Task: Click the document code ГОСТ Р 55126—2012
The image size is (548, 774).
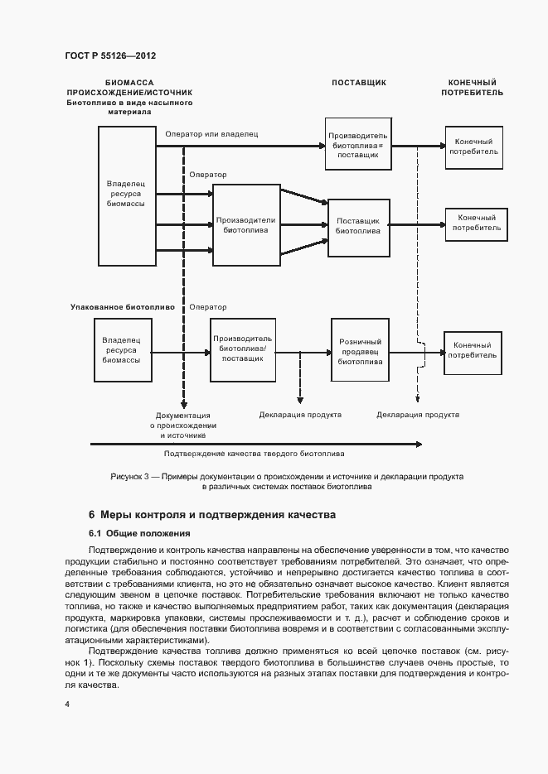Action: [110, 55]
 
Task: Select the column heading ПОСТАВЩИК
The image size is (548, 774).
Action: [359, 83]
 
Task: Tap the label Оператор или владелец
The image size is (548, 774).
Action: [212, 133]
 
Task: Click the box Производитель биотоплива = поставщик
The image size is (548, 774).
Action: [358, 145]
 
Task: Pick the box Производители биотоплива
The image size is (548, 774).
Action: [245, 225]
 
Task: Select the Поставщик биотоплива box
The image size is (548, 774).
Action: [358, 226]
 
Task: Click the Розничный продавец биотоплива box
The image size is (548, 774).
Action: [361, 351]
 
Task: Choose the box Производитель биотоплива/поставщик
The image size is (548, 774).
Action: [242, 349]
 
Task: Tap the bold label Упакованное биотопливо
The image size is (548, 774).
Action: [122, 306]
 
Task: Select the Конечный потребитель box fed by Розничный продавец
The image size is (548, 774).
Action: [474, 350]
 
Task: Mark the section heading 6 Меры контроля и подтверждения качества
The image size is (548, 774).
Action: [211, 514]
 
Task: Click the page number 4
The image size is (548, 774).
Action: [66, 704]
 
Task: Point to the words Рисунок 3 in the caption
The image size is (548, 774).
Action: [129, 477]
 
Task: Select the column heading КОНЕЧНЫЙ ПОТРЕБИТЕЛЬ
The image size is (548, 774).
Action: [472, 88]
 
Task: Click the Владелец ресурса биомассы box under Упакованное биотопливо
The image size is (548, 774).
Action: [121, 349]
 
